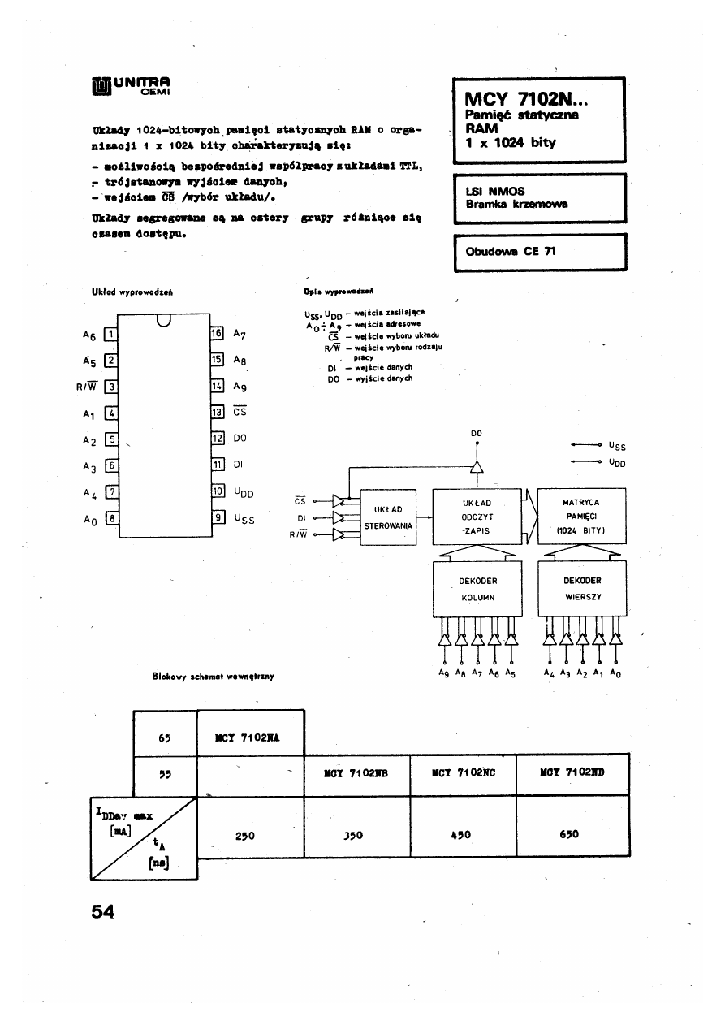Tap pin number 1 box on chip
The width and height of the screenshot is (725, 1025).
point(112,333)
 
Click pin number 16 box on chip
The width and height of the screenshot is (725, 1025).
point(217,333)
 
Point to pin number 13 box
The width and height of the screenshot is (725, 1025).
point(217,412)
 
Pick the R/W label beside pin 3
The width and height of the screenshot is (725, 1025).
point(86,386)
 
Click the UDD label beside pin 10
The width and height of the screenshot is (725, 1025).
point(244,491)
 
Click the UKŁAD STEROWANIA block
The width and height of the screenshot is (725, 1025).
point(388,517)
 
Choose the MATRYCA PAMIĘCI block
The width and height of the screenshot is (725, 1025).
point(580,517)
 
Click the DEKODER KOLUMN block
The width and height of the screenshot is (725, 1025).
point(477,589)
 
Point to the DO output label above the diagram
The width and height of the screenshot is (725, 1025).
point(477,433)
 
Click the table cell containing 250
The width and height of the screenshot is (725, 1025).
point(245,834)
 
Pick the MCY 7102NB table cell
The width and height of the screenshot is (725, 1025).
point(356,773)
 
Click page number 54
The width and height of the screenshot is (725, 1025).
point(103,911)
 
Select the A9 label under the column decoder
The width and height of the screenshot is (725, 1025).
point(443,673)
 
